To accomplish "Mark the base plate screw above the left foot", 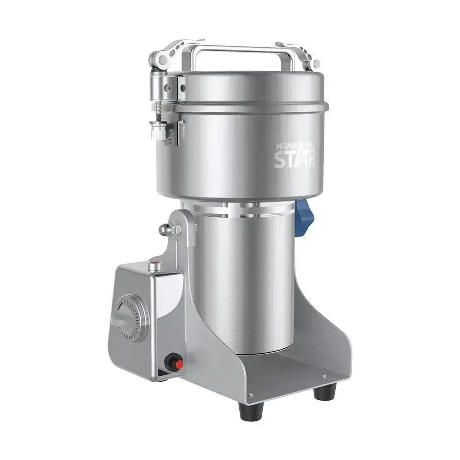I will pos(250,395).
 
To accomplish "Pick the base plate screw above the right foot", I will pos(324,377).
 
